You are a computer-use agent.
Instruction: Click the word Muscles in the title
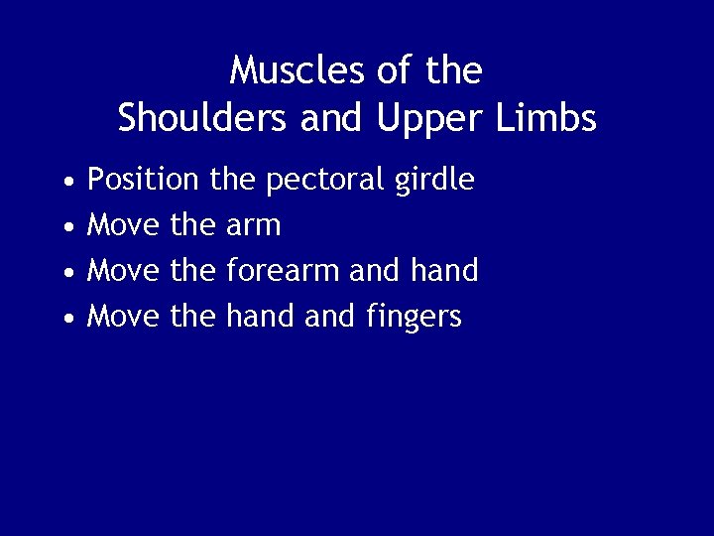point(288,70)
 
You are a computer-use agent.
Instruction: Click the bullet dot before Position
point(66,184)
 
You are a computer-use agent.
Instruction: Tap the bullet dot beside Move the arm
point(66,228)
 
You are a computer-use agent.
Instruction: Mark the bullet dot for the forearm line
point(66,274)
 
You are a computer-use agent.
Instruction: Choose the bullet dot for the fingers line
point(66,319)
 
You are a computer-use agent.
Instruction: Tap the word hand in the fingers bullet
point(255,317)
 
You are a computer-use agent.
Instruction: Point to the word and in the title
point(324,118)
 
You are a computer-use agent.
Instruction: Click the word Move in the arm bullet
point(124,226)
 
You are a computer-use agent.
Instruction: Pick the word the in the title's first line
point(452,70)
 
